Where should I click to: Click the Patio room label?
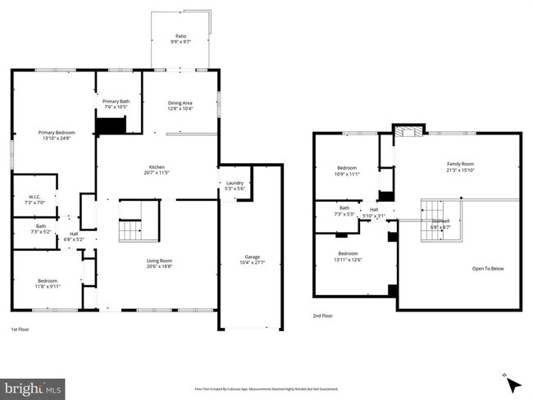pos(180,39)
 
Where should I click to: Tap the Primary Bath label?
pos(116,104)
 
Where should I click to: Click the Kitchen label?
pos(156,170)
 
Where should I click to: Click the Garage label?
pos(251,259)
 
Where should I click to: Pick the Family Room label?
pos(460,166)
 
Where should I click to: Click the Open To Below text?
pos(488,269)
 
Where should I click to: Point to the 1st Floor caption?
pos(21,330)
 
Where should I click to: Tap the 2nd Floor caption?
pos(323,316)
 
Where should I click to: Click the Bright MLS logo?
pos(33,386)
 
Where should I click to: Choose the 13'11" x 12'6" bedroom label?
pos(348,256)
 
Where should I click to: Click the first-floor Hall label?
pos(74,236)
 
